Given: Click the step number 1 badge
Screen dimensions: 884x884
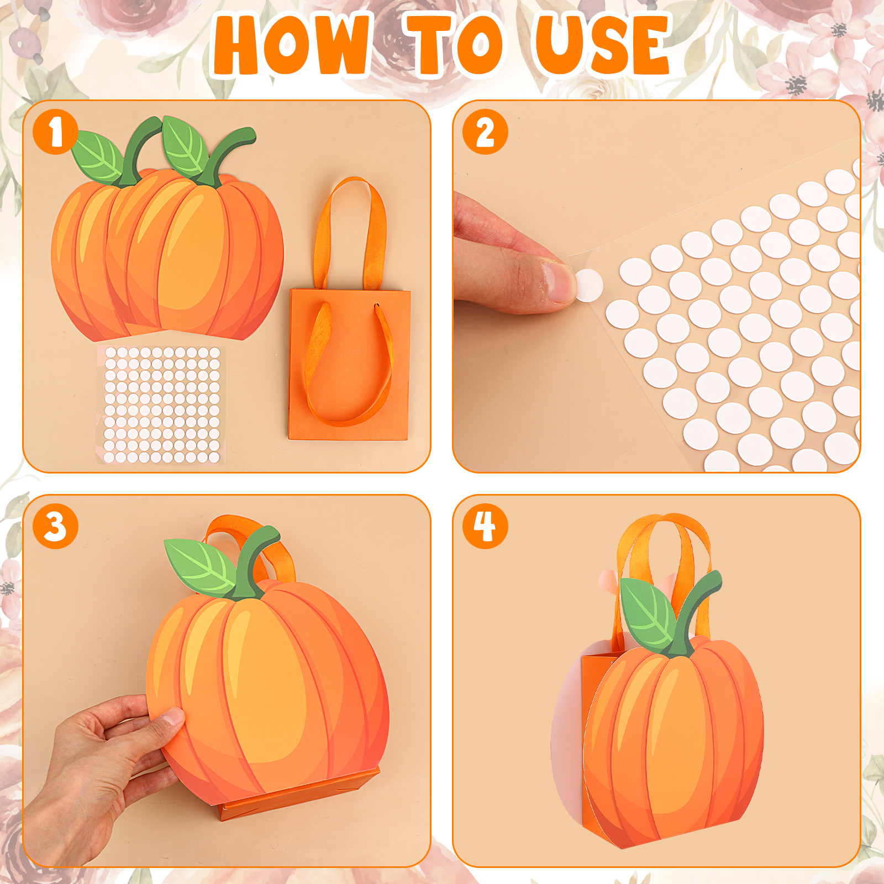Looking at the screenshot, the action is (55, 132).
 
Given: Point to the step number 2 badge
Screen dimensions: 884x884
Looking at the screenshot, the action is (485, 132).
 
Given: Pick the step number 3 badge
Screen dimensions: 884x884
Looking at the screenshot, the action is (55, 526).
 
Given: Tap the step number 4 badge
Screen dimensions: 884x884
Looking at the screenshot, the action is (485, 526).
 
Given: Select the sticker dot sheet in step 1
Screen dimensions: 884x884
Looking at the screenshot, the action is (161, 404).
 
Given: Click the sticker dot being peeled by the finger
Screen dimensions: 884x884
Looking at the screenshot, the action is (589, 285).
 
